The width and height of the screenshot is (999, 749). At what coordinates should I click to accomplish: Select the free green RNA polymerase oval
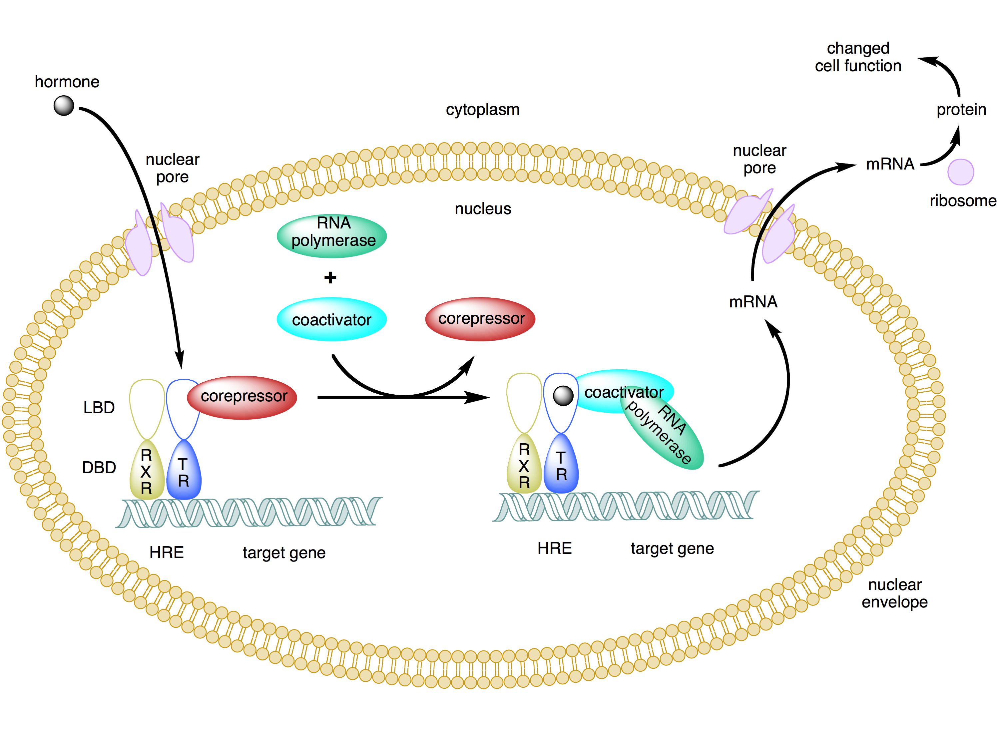(x=332, y=236)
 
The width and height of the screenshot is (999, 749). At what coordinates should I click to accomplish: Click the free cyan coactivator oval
(x=332, y=319)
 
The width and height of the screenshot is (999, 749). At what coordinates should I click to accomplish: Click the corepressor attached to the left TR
(x=243, y=397)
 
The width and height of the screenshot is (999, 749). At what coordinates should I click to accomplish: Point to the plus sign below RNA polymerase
(x=330, y=277)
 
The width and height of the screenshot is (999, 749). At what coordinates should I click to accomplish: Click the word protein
(x=961, y=109)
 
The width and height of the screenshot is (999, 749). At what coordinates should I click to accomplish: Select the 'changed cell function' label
(x=858, y=57)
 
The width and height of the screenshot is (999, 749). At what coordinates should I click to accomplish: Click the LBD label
(x=99, y=408)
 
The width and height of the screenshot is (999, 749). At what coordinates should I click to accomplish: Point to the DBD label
(x=99, y=467)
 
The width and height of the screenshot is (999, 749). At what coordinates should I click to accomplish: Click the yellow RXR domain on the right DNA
(x=524, y=465)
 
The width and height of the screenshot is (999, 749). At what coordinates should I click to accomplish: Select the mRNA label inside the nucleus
(x=753, y=302)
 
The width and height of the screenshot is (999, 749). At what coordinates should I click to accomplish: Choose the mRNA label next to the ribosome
(x=890, y=164)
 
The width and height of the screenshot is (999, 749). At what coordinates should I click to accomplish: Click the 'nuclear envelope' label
(x=894, y=593)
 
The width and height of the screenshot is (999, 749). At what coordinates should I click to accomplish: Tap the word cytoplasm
(x=482, y=109)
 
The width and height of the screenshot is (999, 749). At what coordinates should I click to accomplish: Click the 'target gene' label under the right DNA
(x=672, y=549)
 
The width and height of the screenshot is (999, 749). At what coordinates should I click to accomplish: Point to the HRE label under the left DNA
(x=166, y=553)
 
